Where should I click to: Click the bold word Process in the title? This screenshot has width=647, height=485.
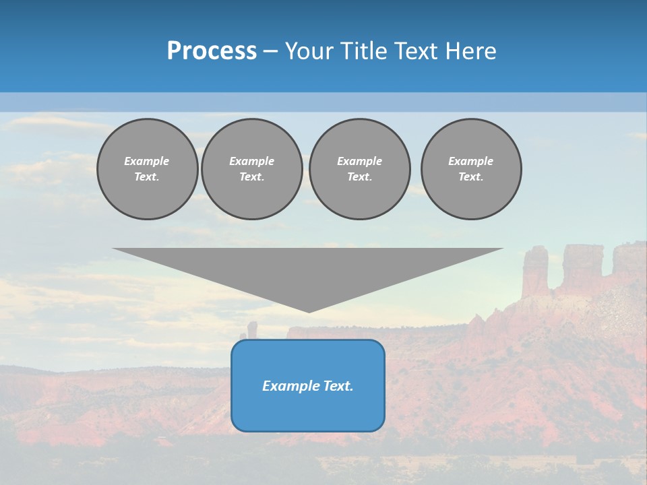[x=212, y=51]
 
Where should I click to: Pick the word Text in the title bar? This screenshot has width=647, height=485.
[x=417, y=51]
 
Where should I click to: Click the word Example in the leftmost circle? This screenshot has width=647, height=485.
[x=147, y=161]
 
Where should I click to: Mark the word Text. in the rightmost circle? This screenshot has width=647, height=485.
[x=470, y=177]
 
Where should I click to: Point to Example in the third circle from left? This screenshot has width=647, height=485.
[x=359, y=161]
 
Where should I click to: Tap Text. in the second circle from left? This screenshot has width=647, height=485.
[x=251, y=177]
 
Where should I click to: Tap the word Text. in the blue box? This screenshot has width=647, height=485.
[x=338, y=386]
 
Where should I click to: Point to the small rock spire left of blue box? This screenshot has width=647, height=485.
[x=252, y=329]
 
